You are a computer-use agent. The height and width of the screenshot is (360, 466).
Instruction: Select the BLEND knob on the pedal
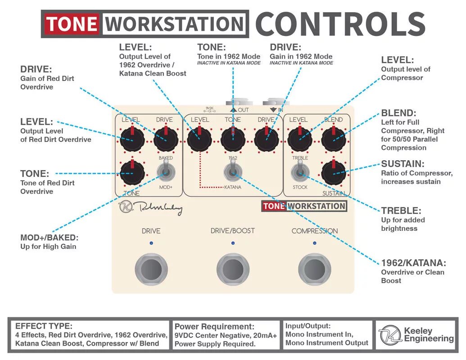(334, 139)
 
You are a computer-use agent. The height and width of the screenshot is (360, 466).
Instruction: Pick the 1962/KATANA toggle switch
(232, 171)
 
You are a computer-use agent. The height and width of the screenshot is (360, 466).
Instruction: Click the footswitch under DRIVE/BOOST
(233, 269)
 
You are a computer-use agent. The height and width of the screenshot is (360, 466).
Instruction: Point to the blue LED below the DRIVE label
(151, 243)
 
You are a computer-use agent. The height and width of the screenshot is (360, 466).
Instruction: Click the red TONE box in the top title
(72, 24)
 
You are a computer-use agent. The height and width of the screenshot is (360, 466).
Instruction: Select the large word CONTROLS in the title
(340, 24)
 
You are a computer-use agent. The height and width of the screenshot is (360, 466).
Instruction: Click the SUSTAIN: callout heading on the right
(403, 164)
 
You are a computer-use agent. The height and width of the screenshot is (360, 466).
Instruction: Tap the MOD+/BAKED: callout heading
(49, 238)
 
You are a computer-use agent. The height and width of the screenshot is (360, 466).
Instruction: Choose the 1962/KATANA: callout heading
(413, 263)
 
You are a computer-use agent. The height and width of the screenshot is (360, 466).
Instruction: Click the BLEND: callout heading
(399, 113)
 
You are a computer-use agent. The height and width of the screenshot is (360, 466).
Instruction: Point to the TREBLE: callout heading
(401, 210)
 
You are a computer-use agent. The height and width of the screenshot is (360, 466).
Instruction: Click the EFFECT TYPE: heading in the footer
(44, 326)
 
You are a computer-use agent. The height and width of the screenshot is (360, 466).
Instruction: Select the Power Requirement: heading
(214, 327)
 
